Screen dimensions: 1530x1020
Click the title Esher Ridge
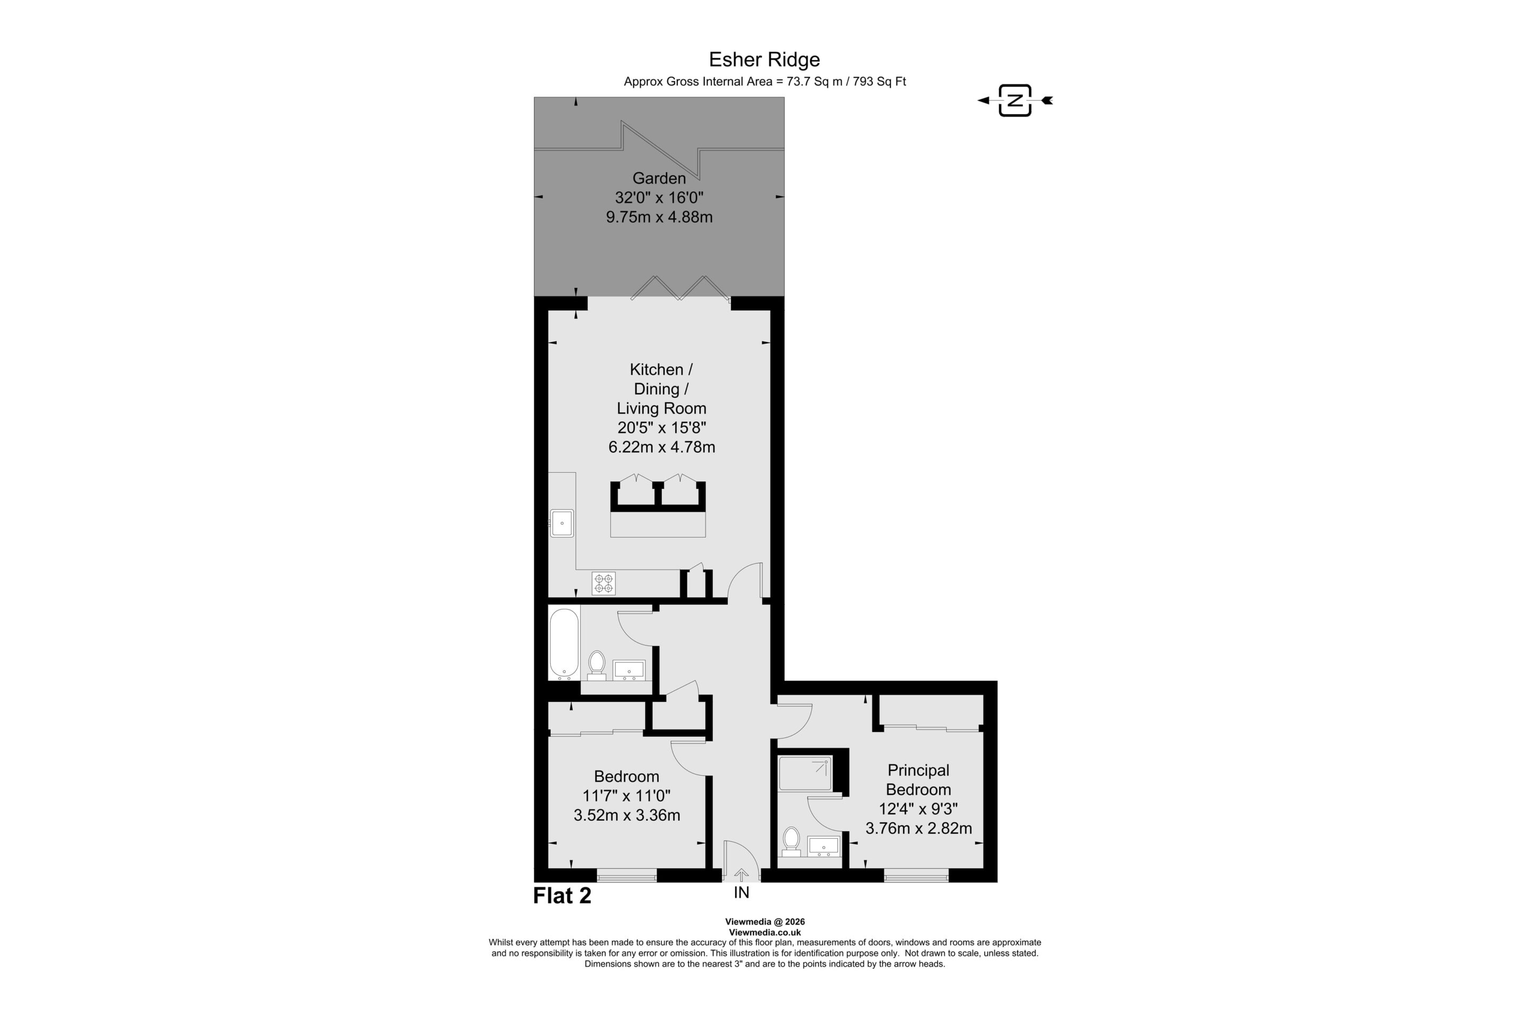pos(764,60)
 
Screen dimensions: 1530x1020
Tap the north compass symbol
pos(1015,100)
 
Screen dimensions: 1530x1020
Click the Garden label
pos(659,178)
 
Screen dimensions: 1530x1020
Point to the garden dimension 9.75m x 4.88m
pos(659,217)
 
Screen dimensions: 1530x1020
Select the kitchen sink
pos(562,523)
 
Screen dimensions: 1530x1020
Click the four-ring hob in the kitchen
pos(603,583)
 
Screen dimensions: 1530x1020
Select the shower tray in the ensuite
pos(805,773)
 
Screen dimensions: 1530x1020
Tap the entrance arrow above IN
pos(741,875)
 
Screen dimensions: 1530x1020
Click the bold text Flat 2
pos(562,896)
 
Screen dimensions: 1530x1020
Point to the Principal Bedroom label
pos(919,780)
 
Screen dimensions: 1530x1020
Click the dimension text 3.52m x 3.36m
pos(626,815)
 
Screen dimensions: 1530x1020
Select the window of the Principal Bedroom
pos(916,875)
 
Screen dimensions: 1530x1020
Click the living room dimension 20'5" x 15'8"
pos(661,428)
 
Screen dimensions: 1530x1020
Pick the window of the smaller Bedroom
pos(626,875)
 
